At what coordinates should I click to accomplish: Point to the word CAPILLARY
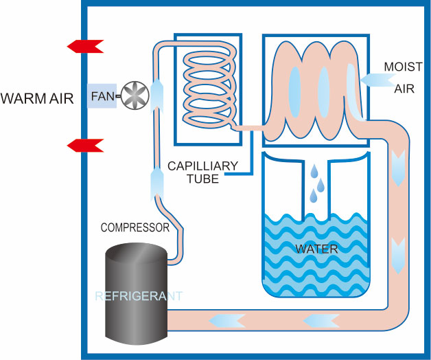[203, 166]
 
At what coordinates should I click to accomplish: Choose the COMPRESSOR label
[135, 227]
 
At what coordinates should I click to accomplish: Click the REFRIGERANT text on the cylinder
[139, 297]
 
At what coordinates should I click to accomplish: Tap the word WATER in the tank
[316, 249]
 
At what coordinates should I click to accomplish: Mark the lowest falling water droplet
[313, 196]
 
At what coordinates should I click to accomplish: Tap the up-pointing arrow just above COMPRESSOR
[157, 183]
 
